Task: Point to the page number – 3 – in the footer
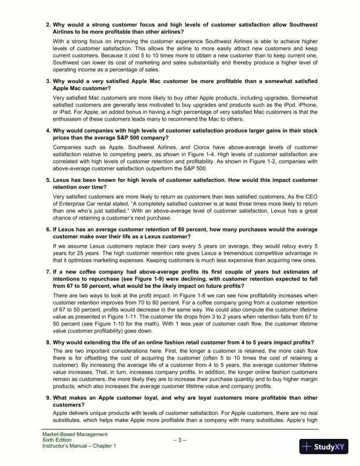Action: pos(179,440)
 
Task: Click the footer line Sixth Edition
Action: pos(55,440)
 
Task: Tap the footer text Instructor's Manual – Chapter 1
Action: pos(79,446)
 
